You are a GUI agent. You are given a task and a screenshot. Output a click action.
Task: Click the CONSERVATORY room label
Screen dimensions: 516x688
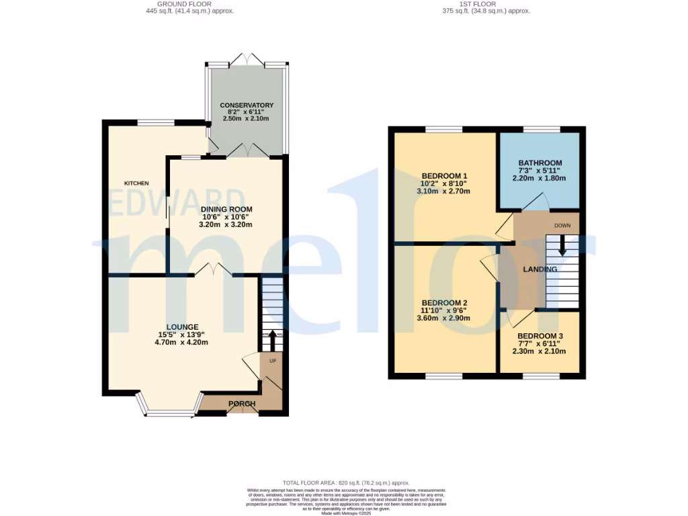tap(247, 105)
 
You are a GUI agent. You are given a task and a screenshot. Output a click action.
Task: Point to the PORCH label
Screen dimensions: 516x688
tap(242, 404)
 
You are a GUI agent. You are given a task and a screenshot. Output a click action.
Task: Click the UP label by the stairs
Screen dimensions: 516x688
tap(273, 361)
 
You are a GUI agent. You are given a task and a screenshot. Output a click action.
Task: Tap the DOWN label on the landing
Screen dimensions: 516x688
tap(562, 226)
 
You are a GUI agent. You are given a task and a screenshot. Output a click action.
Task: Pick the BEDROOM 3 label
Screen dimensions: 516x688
tap(540, 336)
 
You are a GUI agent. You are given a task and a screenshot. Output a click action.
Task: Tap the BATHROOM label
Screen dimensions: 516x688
tap(540, 163)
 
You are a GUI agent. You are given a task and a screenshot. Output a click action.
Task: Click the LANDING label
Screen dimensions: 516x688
tap(541, 269)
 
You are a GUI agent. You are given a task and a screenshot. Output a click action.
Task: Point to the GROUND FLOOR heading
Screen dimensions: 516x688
tap(189, 4)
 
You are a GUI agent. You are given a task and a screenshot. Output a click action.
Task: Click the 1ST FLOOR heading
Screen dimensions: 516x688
tap(486, 4)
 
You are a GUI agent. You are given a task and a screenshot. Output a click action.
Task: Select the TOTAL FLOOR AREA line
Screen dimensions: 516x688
tap(346, 483)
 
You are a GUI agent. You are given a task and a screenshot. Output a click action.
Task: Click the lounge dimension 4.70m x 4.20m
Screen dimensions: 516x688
tap(181, 342)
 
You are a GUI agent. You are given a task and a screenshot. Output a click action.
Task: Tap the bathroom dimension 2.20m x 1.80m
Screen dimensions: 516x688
tap(540, 179)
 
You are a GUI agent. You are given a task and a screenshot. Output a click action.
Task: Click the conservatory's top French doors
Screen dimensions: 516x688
tap(248, 59)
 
